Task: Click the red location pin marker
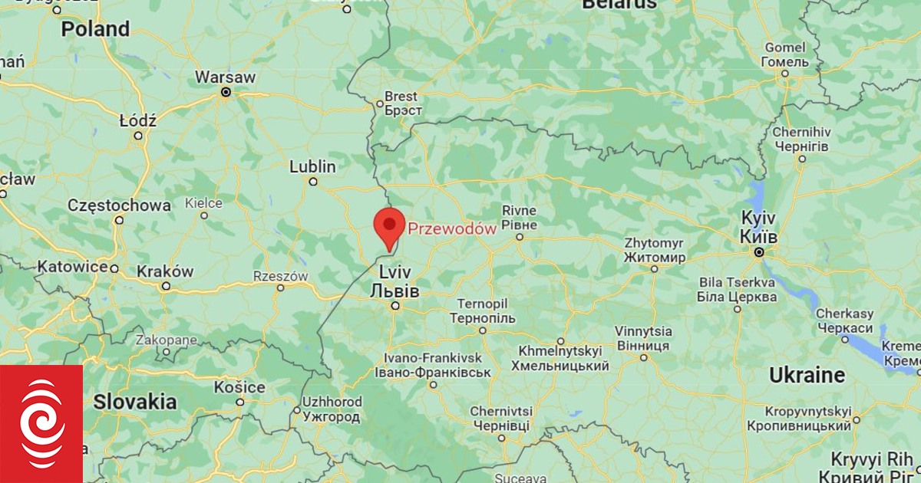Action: [389, 225]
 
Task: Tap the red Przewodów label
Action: [452, 228]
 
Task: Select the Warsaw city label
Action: [225, 77]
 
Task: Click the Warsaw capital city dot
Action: [226, 92]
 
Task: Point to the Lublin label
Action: [312, 166]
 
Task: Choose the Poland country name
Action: [95, 29]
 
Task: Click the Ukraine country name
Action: [807, 376]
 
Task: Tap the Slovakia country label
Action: [135, 401]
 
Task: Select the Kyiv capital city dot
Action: [758, 251]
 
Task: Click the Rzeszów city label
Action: [280, 276]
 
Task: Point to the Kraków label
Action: [164, 271]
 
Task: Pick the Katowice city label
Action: [72, 267]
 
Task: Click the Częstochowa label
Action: [119, 205]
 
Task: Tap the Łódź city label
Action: [138, 121]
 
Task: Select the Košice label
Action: [240, 388]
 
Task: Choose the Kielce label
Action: [203, 203]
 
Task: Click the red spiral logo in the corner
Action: [42, 424]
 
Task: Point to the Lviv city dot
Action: [395, 306]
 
